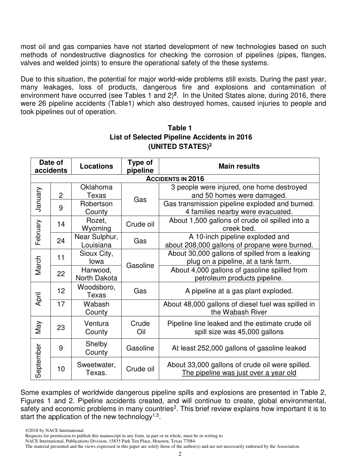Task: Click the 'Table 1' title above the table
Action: [180, 128]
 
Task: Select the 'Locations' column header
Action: [96, 166]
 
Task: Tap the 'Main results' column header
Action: [239, 166]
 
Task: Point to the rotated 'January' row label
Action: [38, 199]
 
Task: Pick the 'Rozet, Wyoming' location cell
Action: [96, 224]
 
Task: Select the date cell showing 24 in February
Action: [61, 241]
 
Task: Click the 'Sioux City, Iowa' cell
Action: [96, 257]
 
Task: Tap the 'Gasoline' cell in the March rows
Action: [140, 266]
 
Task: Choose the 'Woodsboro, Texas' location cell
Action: [96, 291]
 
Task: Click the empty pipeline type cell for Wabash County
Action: [140, 308]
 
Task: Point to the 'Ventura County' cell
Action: [96, 327]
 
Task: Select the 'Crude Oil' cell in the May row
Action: [140, 327]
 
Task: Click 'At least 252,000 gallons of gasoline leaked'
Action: [239, 348]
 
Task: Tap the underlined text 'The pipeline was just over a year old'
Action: [239, 373]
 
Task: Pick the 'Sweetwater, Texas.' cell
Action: [96, 369]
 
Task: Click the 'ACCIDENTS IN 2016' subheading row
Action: [175, 179]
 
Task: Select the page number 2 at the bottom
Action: [180, 454]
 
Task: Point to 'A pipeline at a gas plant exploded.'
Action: [239, 291]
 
